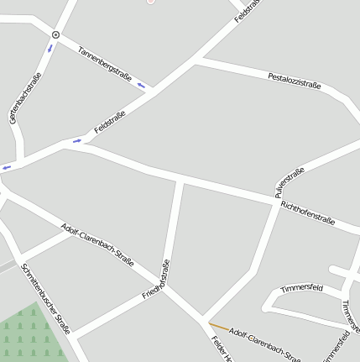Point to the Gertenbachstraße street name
tap(25, 99)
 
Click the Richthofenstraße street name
tap(308, 212)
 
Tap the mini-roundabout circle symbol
tap(55, 35)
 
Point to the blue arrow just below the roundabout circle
tap(50, 47)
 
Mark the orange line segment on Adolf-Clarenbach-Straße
tap(218, 326)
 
